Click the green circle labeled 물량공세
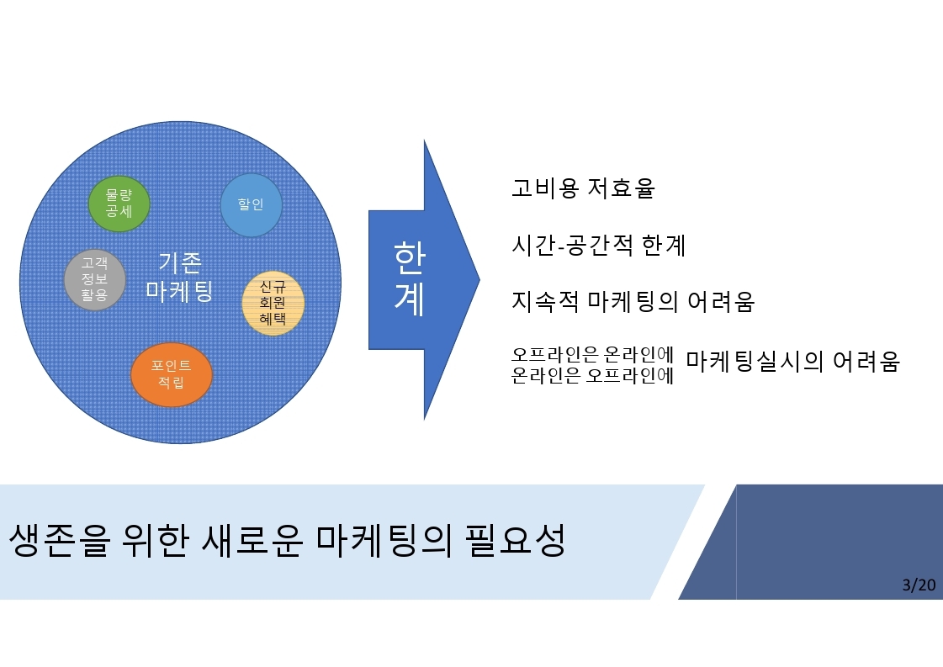(x=119, y=204)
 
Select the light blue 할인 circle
(x=251, y=204)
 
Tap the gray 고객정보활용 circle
(x=95, y=280)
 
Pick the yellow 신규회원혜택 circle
(x=273, y=303)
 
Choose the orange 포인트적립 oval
(x=172, y=374)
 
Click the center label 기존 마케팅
(x=179, y=277)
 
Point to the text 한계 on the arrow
(x=410, y=278)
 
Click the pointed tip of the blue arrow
(x=479, y=279)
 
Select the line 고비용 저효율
(x=583, y=188)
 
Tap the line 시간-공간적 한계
(x=598, y=245)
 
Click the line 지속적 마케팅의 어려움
(x=633, y=301)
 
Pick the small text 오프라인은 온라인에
(x=592, y=354)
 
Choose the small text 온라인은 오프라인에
(x=592, y=375)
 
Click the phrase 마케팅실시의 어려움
(x=792, y=361)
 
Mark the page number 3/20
(x=919, y=585)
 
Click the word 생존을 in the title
(x=60, y=540)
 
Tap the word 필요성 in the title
(x=515, y=540)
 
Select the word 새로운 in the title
(x=252, y=540)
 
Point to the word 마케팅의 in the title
(x=383, y=540)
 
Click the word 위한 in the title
(x=155, y=540)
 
